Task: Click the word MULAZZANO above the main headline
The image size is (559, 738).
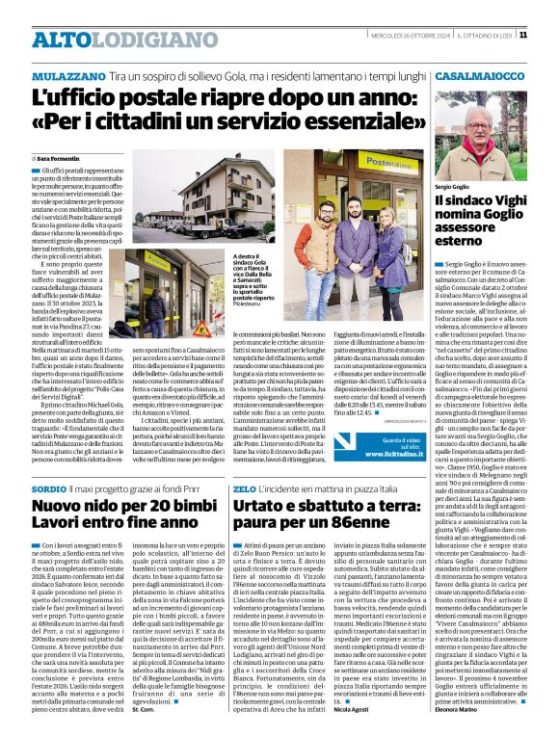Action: pyautogui.click(x=68, y=74)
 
